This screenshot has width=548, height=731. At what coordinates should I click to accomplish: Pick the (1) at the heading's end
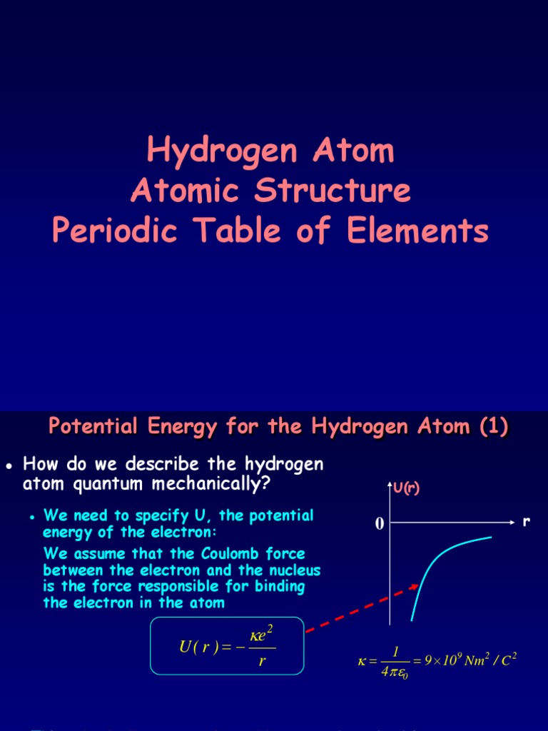click(493, 427)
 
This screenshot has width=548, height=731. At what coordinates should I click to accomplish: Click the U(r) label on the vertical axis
click(407, 488)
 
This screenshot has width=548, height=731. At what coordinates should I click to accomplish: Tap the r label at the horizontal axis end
click(527, 522)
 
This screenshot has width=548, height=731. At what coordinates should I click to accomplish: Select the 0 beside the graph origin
click(380, 525)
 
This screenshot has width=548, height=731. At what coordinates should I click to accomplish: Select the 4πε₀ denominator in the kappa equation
click(392, 672)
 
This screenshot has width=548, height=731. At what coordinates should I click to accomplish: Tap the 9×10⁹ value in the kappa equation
click(445, 660)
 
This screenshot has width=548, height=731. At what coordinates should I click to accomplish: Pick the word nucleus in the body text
click(288, 570)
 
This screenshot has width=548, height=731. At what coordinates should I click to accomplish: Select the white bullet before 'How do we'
click(9, 465)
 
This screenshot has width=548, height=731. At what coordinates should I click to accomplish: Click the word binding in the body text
click(279, 587)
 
